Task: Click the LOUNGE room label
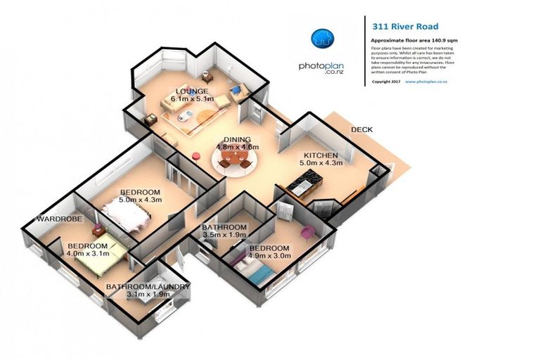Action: [191, 91]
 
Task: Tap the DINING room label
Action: [237, 139]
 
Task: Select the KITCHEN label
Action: [321, 155]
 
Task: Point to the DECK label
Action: [361, 129]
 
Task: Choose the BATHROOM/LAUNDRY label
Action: [148, 287]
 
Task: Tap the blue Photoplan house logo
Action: [322, 38]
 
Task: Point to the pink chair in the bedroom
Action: [307, 232]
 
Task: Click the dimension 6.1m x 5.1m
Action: [191, 100]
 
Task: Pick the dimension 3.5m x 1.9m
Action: [224, 236]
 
